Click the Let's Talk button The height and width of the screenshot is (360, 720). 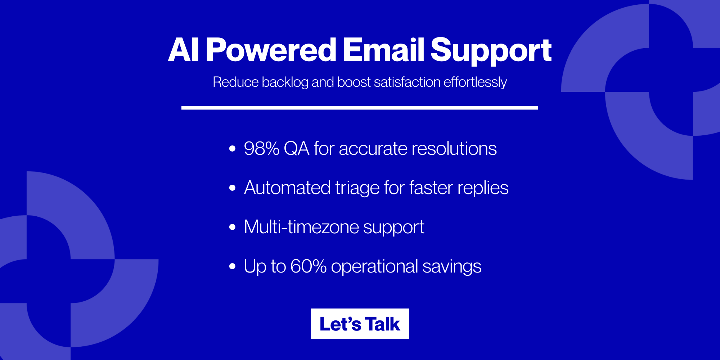pos(360,324)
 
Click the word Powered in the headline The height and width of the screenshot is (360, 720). pos(271,50)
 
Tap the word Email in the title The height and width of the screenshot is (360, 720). pos(383,50)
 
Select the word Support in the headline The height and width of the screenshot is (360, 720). pos(491,50)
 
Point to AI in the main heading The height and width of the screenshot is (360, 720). pos(184,50)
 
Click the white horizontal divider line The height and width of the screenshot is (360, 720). pos(359,108)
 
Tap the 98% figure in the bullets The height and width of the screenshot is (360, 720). pos(261,148)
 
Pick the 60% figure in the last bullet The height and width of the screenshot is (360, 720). pos(308,266)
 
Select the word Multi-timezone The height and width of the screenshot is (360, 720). pos(301,227)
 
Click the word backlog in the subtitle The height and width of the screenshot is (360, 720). pos(285,82)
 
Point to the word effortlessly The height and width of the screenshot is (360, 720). pos(475,82)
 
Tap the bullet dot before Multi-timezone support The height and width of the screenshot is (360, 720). pos(232,227)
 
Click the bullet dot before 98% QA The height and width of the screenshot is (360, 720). pos(232,148)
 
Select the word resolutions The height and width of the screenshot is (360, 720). pos(454,148)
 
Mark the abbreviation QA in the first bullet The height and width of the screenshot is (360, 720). pos(296,148)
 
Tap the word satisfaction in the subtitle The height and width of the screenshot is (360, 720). pos(407,82)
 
